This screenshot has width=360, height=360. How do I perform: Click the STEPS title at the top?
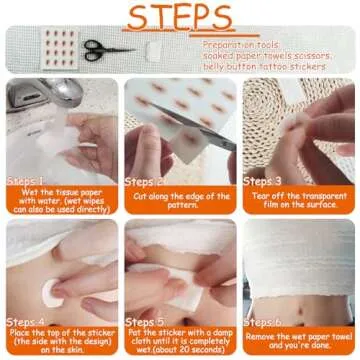click(x=181, y=19)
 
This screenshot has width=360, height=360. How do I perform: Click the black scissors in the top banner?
click(x=101, y=47)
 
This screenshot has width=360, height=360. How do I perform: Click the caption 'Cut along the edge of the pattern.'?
click(x=180, y=201)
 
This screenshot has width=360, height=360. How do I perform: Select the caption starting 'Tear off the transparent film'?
click(x=300, y=201)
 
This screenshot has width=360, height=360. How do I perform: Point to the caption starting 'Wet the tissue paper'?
click(x=60, y=201)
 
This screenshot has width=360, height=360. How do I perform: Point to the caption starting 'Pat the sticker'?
click(x=180, y=340)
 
